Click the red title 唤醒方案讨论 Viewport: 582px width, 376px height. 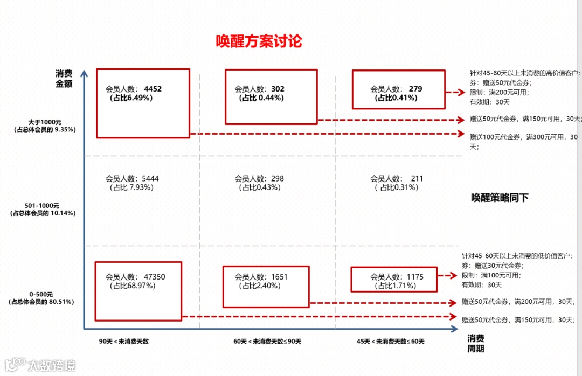tap(259, 41)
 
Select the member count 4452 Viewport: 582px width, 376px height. tap(153, 89)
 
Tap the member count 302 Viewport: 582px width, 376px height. tap(278, 89)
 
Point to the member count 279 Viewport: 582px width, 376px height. tap(415, 89)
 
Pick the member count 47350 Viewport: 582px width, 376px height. tap(155, 277)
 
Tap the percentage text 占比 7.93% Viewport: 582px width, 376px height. tap(132, 187)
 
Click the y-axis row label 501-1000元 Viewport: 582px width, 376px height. tap(42, 205)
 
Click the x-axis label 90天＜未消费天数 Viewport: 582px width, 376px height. tap(123, 342)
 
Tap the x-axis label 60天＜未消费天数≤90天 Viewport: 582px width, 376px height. tap(267, 342)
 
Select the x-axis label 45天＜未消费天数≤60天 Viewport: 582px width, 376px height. tap(391, 342)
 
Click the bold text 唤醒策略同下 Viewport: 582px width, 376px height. tap(500, 198)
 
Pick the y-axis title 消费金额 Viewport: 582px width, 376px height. tap(64, 78)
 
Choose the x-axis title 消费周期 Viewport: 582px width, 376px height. tap(476, 343)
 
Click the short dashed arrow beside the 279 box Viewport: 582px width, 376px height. tap(455, 93)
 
